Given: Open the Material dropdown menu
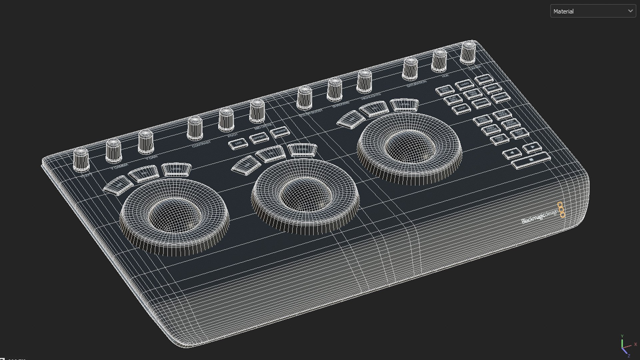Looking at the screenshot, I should pos(593,11).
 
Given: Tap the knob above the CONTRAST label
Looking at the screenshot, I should pos(195,128).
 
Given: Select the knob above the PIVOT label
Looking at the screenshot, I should pos(226,120).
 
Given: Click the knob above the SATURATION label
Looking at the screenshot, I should pos(410,69).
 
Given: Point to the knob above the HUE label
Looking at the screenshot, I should pos(439,61).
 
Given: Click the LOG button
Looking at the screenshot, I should pos(238,144).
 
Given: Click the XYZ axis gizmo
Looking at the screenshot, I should pos(624,347).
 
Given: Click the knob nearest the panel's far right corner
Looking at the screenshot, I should pos(468,52).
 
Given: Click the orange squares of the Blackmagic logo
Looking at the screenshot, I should pos(561,210).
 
